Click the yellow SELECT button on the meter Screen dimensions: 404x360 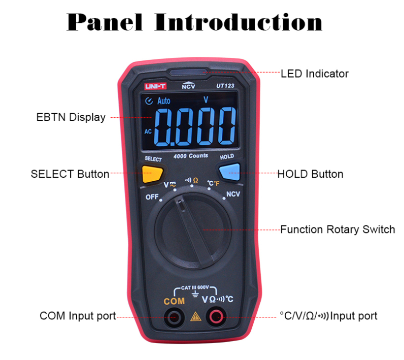click(152, 174)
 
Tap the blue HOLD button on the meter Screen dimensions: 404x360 click(229, 171)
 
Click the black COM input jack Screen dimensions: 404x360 click(174, 317)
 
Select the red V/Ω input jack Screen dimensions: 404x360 click(216, 317)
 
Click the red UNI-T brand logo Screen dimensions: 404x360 click(155, 86)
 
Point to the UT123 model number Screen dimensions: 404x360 click(225, 85)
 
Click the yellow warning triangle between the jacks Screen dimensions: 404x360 click(195, 316)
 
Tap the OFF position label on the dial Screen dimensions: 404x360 click(152, 197)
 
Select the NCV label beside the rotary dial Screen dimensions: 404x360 click(233, 194)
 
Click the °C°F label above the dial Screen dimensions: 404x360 click(213, 183)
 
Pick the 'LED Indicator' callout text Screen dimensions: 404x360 click(314, 74)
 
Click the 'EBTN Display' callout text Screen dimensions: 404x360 click(71, 117)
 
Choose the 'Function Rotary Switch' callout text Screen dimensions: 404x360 click(338, 230)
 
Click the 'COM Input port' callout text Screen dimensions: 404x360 click(78, 316)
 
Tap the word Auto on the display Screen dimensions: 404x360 click(164, 101)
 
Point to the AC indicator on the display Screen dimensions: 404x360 click(148, 132)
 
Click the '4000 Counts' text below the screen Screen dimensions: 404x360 click(191, 156)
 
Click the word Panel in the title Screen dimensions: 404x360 click(105, 22)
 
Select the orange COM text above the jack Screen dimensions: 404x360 click(174, 301)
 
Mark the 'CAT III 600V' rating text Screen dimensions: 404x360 click(195, 287)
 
